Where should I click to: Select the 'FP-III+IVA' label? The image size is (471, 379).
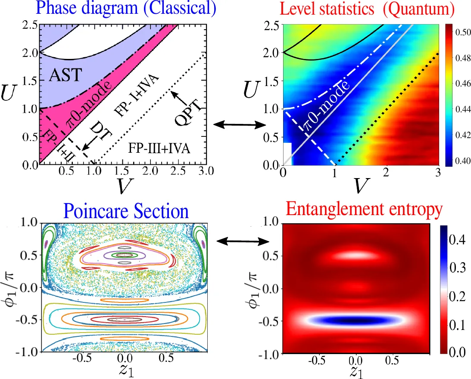159,148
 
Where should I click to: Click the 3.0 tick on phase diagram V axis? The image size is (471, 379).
206,172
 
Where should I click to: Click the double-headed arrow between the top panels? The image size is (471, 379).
240,125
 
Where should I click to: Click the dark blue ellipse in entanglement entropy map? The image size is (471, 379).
356,320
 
